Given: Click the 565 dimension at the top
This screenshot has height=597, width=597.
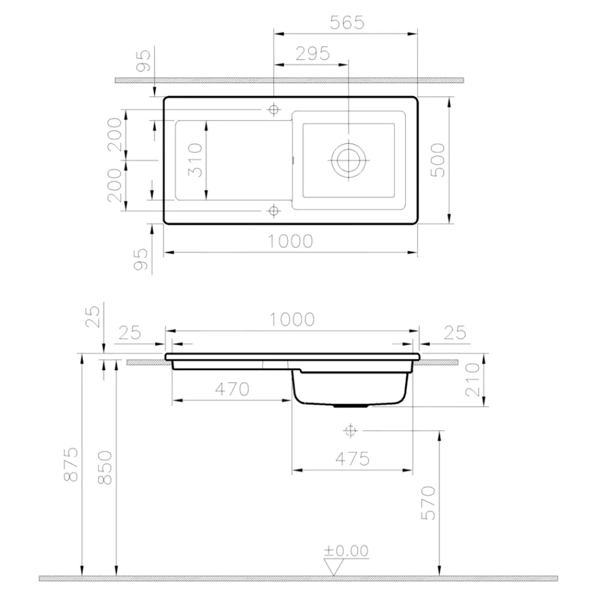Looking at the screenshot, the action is (347, 23).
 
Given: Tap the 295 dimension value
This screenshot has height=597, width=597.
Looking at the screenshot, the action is (313, 54).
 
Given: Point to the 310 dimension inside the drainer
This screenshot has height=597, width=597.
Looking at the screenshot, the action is (195, 160).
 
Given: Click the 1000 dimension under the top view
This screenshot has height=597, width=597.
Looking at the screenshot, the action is (290, 241).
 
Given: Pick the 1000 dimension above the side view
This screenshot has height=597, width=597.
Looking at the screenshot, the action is (292, 319).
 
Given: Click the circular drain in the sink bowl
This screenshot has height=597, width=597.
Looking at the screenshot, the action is (349, 160).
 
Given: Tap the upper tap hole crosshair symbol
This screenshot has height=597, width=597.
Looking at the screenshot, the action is (273, 110).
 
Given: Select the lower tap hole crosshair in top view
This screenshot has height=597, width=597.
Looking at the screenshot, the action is (273, 210).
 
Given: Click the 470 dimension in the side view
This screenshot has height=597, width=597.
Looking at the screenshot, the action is (232, 389).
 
